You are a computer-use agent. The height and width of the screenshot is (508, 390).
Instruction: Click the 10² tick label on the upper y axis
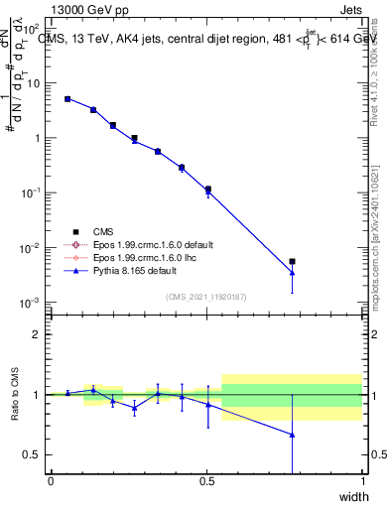[x=32, y=29]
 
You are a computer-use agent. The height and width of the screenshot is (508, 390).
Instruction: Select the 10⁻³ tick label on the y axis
[x=32, y=302]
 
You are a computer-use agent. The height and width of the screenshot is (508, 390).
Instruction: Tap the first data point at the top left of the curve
[x=67, y=99]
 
